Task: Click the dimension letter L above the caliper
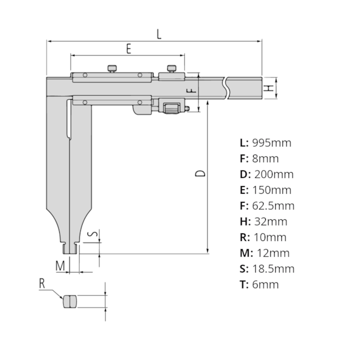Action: click(158, 34)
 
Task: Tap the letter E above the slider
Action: click(128, 49)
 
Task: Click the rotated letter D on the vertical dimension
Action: click(201, 173)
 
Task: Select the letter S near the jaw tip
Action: click(94, 234)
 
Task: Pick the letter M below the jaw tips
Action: click(60, 266)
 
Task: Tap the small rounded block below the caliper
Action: click(70, 302)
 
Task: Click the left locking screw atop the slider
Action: click(112, 69)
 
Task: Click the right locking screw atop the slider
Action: click(172, 69)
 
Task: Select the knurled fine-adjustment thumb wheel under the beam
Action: click(172, 106)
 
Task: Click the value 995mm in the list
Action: click(271, 142)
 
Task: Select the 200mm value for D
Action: click(274, 174)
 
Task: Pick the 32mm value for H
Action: click(270, 222)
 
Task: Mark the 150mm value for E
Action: click(271, 190)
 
